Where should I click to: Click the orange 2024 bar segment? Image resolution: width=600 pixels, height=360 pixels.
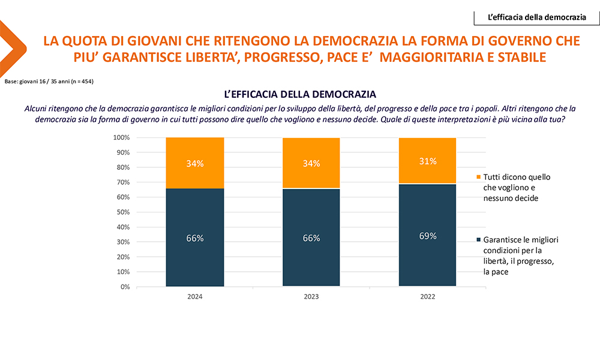click(x=195, y=163)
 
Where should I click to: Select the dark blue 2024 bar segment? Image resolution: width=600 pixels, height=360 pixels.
click(x=195, y=238)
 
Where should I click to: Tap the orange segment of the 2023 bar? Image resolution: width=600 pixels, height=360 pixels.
click(x=311, y=163)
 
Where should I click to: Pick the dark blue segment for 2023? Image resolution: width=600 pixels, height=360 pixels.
click(x=311, y=238)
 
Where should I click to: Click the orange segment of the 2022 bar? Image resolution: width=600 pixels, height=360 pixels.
click(x=427, y=161)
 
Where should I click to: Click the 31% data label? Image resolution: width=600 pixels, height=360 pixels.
click(x=427, y=161)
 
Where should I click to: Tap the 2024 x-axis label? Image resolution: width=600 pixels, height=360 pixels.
click(x=195, y=297)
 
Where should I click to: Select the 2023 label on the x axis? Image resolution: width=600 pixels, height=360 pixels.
click(x=311, y=297)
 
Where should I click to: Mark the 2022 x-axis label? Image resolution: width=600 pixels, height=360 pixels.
click(x=427, y=297)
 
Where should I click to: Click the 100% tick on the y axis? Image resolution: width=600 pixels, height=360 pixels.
click(x=121, y=138)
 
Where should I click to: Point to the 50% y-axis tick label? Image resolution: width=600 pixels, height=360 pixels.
click(x=122, y=212)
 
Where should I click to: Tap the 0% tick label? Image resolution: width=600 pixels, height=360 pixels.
click(x=124, y=287)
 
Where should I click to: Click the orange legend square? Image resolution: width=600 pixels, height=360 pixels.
click(x=478, y=178)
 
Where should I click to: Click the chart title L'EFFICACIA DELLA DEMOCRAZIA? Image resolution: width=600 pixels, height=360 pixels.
click(x=300, y=94)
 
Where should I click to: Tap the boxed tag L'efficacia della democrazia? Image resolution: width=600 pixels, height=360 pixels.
click(x=537, y=17)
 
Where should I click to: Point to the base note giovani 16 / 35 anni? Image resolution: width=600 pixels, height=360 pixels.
click(x=49, y=81)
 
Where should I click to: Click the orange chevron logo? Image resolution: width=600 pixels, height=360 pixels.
click(x=12, y=44)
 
